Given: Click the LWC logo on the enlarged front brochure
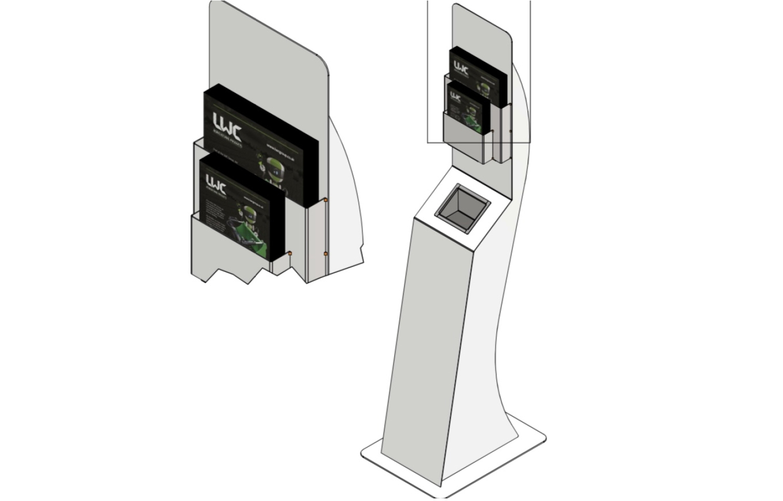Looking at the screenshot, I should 216,183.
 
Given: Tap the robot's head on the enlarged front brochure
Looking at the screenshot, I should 249,213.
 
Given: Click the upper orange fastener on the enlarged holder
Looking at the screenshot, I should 325,200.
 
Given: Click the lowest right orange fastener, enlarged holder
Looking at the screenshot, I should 325,254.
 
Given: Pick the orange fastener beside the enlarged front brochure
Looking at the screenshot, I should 289,254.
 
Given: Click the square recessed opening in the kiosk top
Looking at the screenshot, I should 463,203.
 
